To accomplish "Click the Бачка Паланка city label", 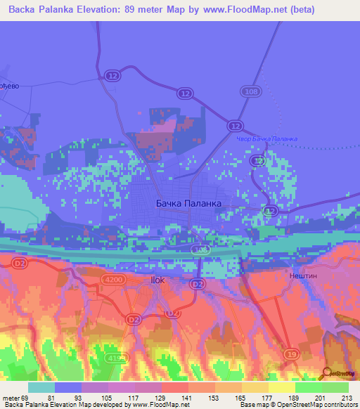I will pos(188,203).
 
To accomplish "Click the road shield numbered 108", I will pos(250,91).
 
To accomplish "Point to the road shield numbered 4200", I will pos(116,279).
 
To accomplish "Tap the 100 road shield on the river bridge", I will pos(200,249).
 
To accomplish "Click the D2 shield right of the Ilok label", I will pos(198,283).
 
